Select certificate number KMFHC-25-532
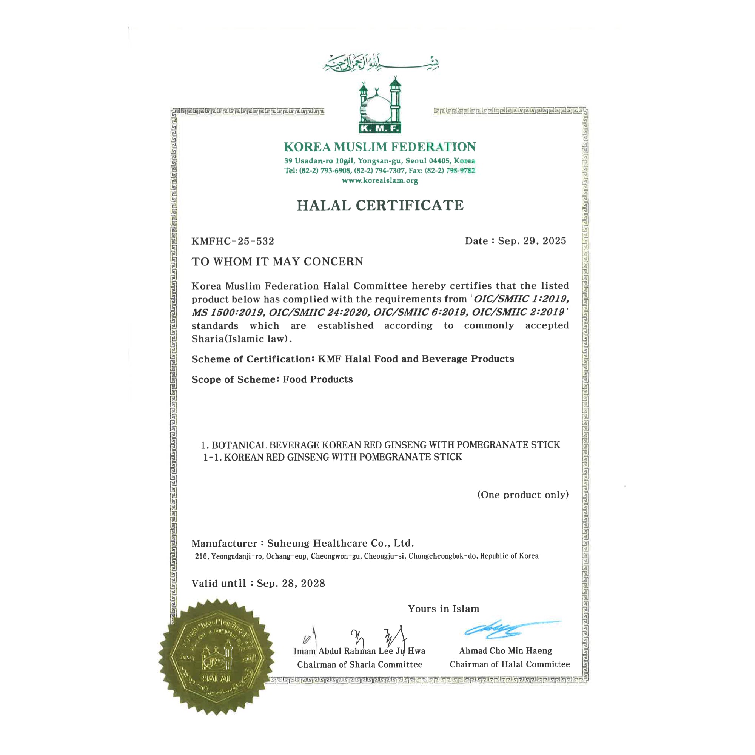pos(233,241)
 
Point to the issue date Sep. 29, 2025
pos(532,241)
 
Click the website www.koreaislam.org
pos(380,180)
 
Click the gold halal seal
pos(217,656)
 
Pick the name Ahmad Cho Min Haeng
pos(506,651)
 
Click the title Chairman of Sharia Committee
pos(359,664)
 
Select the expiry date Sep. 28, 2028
pos(291,584)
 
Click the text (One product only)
pos(523,495)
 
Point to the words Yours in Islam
pos(443,609)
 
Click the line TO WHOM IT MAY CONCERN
pos(277,262)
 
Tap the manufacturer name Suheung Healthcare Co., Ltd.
pos(341,543)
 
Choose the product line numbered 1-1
pos(332,457)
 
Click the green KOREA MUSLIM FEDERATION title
pos(380,147)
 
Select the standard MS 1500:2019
pos(228,312)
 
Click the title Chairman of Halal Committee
pos(510,664)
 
